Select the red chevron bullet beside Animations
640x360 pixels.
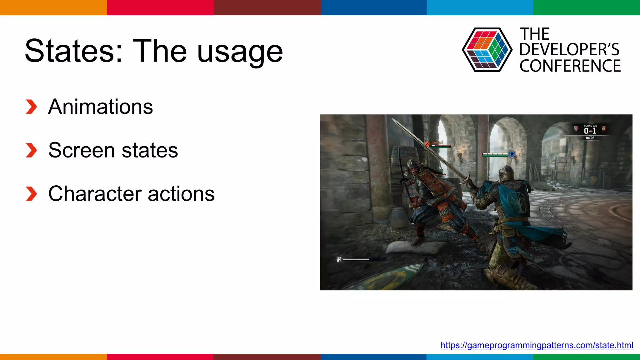tap(31, 107)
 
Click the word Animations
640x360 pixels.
tap(100, 107)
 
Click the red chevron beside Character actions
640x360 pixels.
tap(31, 194)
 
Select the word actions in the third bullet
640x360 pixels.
tap(181, 194)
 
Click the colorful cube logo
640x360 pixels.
tap(487, 50)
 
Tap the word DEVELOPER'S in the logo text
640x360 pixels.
tap(569, 50)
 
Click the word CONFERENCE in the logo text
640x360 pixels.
tap(570, 66)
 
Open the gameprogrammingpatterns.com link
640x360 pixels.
tap(537, 345)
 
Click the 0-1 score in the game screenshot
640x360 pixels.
tap(590, 131)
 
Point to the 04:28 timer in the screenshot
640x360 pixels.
tap(590, 138)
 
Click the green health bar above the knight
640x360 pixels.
tap(495, 154)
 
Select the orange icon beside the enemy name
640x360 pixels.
tap(427, 144)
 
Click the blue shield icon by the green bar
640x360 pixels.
tap(512, 154)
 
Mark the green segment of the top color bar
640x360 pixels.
tap(587, 7)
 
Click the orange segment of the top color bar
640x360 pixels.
tap(53, 7)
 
